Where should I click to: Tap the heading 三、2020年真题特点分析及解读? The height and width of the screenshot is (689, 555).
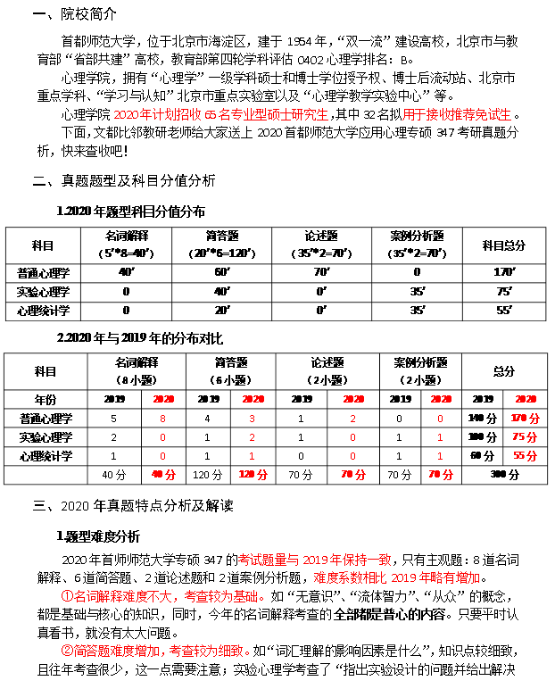click(133, 505)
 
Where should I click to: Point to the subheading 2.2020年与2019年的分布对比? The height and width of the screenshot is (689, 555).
click(139, 339)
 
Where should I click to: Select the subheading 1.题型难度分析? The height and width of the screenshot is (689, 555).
click(98, 536)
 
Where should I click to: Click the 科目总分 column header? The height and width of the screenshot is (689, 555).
click(503, 245)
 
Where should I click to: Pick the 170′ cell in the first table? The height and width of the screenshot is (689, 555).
click(503, 272)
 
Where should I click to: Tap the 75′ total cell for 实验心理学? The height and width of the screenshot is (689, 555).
click(503, 292)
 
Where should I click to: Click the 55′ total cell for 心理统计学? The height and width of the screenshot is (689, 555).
click(503, 311)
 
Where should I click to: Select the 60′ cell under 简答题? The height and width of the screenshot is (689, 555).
click(222, 272)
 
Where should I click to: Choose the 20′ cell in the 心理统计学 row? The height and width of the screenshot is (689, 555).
click(222, 311)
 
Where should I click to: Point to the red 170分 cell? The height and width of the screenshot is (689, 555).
click(526, 418)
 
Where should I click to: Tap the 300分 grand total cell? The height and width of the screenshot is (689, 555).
click(504, 475)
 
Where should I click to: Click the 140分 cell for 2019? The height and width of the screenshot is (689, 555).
click(482, 418)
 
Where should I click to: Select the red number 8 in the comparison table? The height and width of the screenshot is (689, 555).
click(162, 418)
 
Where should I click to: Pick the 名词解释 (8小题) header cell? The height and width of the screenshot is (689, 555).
click(137, 370)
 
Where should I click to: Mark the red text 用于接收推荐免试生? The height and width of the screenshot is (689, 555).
click(457, 114)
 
